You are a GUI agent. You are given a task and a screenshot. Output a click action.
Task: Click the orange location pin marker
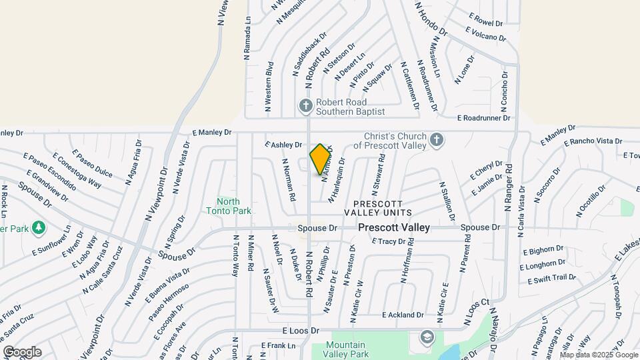click(321, 159)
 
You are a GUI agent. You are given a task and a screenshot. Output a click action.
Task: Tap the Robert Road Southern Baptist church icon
click(305, 106)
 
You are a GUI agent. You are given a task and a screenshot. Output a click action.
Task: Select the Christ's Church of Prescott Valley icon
click(436, 139)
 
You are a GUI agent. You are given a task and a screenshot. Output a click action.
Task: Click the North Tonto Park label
click(233, 206)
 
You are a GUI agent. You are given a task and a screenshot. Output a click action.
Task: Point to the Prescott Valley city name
click(394, 227)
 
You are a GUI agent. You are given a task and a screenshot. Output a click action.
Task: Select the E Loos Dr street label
click(301, 330)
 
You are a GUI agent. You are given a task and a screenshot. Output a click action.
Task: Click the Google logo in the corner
click(22, 351)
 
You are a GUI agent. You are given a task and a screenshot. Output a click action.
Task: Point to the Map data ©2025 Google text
click(599, 355)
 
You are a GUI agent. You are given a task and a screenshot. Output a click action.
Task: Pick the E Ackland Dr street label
click(403, 315)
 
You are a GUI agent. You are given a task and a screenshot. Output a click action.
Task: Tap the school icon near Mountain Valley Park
click(425, 338)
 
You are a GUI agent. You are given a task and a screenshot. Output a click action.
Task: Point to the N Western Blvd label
click(269, 86)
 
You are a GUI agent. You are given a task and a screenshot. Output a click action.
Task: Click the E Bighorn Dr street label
click(543, 251)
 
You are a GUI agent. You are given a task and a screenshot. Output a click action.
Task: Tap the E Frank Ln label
click(278, 345)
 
